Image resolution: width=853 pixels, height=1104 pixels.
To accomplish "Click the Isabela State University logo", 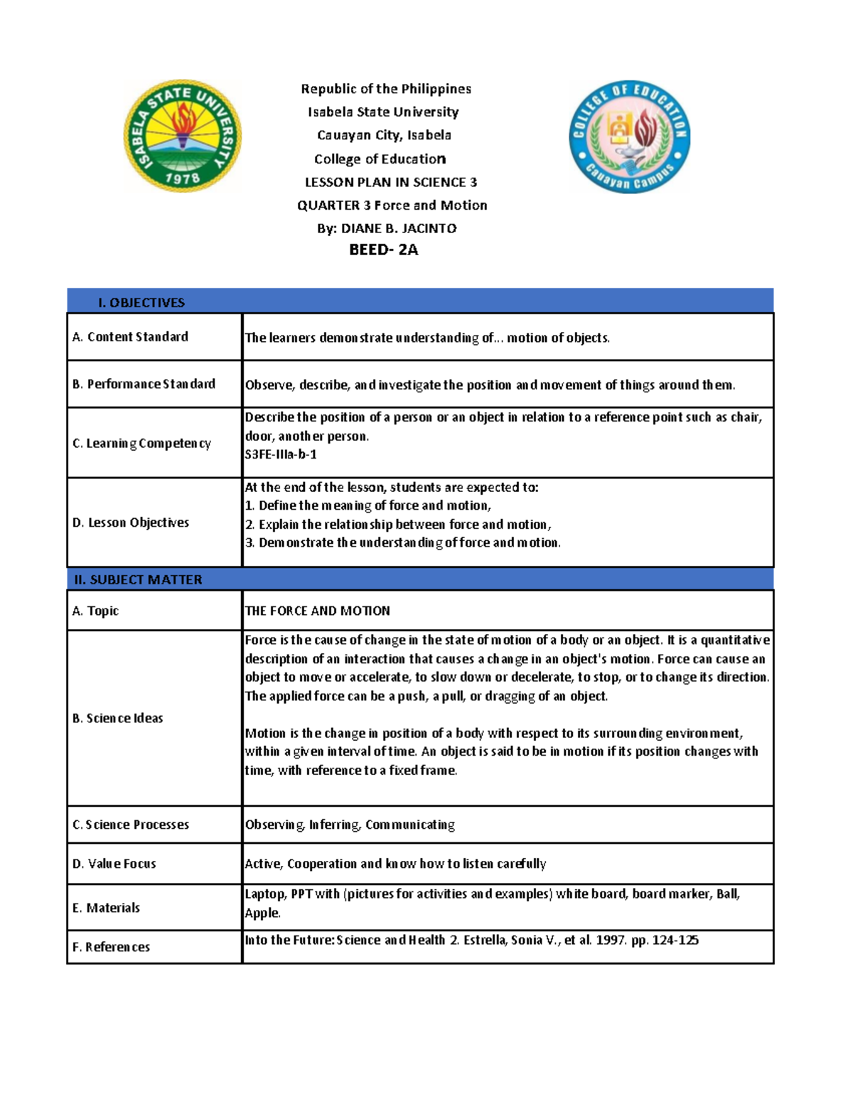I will tap(183, 135).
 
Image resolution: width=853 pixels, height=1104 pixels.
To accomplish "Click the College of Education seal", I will tap(629, 136).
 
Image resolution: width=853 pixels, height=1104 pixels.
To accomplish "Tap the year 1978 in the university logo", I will tap(183, 178).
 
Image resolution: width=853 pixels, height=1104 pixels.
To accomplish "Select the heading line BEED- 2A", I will tap(383, 250).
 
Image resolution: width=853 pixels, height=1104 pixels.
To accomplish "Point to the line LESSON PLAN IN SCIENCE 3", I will tap(390, 182).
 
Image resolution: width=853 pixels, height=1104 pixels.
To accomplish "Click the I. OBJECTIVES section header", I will tap(141, 302).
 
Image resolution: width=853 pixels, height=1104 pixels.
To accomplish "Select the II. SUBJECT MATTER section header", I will tap(139, 579).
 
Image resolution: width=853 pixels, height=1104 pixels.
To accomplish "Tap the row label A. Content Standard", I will tap(130, 337).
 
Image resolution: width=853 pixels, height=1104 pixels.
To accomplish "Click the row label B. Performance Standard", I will tap(144, 384).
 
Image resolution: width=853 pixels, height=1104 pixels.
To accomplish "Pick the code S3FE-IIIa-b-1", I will tap(281, 454).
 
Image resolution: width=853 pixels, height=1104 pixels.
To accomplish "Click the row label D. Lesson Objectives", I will tap(131, 522).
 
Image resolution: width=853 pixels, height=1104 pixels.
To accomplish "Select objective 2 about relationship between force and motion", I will tap(398, 525).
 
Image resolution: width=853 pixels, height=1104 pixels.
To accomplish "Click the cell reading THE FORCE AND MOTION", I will tap(317, 611).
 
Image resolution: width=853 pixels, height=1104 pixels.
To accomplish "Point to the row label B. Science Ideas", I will tap(118, 718).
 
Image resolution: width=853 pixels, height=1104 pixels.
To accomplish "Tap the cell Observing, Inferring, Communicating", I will tap(350, 825).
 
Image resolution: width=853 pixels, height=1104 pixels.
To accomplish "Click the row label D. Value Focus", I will tap(114, 864).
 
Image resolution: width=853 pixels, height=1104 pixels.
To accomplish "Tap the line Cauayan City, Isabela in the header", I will tap(384, 135).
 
